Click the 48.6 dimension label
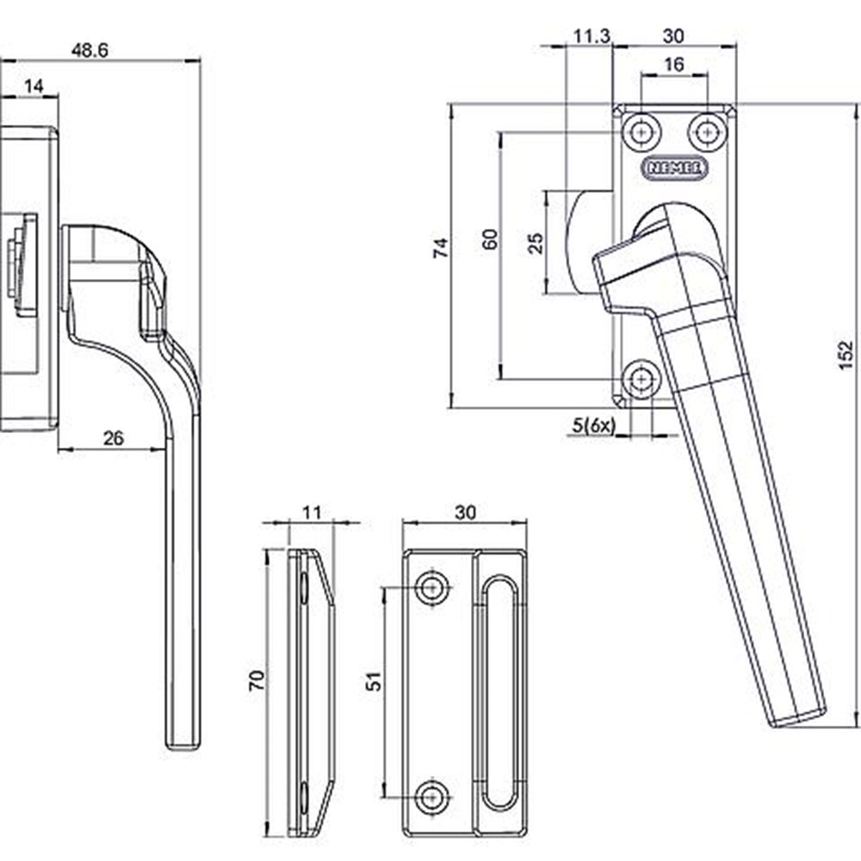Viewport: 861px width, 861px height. pos(90,51)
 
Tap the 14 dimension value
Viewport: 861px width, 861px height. pos(34,86)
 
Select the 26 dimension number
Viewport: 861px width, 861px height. pos(113,438)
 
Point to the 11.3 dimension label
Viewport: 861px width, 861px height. pos(592,36)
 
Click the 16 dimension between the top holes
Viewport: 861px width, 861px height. pos(674,65)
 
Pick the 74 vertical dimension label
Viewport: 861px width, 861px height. pos(441,248)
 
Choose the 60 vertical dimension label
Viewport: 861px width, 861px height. pos(490,239)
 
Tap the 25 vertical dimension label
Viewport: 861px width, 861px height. pos(536,244)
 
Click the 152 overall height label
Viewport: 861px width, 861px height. pos(846,356)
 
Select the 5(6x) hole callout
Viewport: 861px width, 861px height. pos(593,424)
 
